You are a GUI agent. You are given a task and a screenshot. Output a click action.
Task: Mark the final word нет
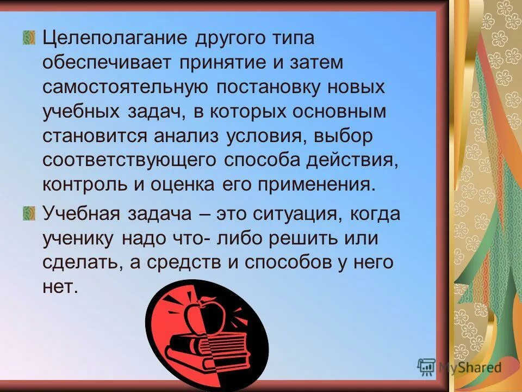pyautogui.click(x=57, y=286)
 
